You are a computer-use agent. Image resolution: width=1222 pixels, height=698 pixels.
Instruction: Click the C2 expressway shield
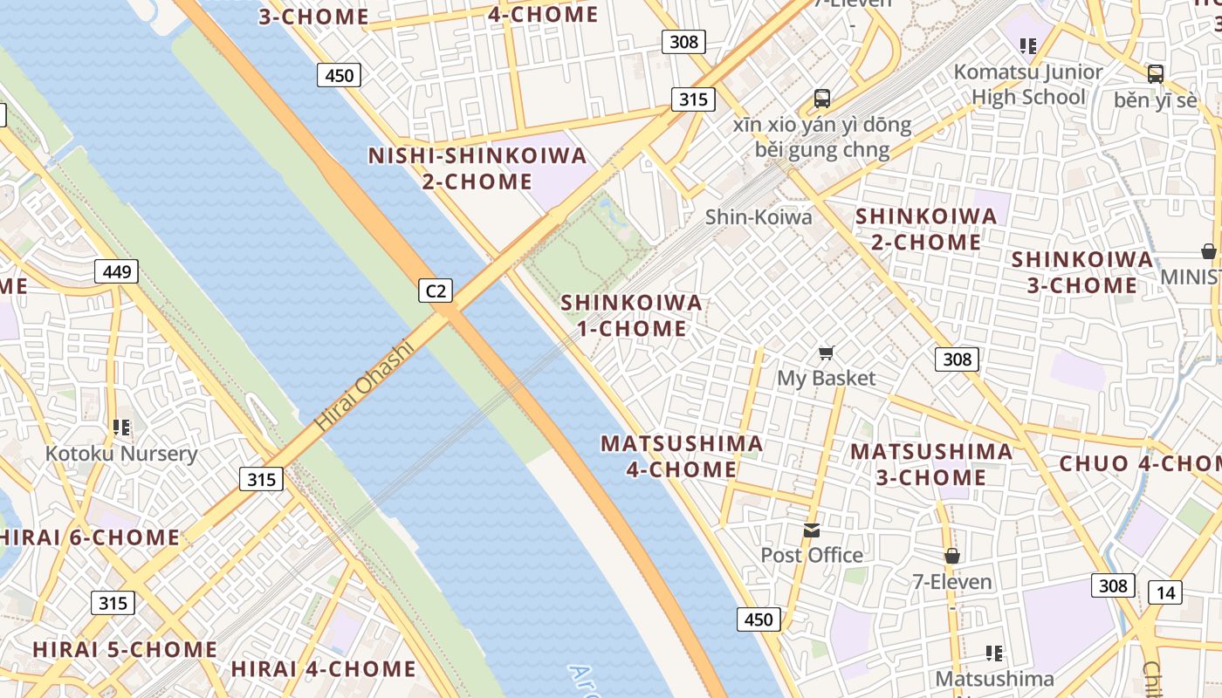[x=436, y=290]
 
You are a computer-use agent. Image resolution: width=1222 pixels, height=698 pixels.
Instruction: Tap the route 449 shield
[x=117, y=271]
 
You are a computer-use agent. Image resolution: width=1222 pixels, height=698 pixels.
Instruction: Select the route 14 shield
[x=1165, y=593]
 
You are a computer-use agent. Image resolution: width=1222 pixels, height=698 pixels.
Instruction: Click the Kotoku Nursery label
[x=121, y=454]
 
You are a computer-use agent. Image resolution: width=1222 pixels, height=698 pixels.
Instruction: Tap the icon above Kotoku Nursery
[x=121, y=428]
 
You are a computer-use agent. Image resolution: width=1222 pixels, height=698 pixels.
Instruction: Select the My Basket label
[x=826, y=378]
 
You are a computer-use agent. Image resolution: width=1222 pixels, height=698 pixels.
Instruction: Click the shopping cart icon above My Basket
[x=826, y=353]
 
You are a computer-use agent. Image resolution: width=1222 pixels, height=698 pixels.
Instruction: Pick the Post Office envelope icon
[x=812, y=530]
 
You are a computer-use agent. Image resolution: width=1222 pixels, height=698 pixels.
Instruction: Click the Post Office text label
[x=812, y=555]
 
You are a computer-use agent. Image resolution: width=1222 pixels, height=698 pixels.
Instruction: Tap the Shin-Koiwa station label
[x=759, y=216]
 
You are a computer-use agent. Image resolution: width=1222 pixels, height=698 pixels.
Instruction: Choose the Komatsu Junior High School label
[x=1028, y=84]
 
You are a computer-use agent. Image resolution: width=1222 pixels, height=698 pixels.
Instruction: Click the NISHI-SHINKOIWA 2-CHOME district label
[x=477, y=168]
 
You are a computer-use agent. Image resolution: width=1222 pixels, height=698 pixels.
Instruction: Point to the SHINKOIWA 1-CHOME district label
[x=631, y=315]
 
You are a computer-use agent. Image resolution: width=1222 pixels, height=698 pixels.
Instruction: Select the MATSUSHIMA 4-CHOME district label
[x=682, y=455]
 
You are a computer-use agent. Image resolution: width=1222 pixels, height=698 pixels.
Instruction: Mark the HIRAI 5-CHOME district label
[x=125, y=649]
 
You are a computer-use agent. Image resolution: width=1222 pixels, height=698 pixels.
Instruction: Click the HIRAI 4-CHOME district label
[x=323, y=669]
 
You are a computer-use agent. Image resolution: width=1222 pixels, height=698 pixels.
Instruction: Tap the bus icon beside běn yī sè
[x=1156, y=74]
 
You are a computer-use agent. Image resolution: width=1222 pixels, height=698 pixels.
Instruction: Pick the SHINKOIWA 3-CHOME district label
[x=1082, y=272]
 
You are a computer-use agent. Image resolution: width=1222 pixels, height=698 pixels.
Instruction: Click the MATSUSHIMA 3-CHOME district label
[x=931, y=464]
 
